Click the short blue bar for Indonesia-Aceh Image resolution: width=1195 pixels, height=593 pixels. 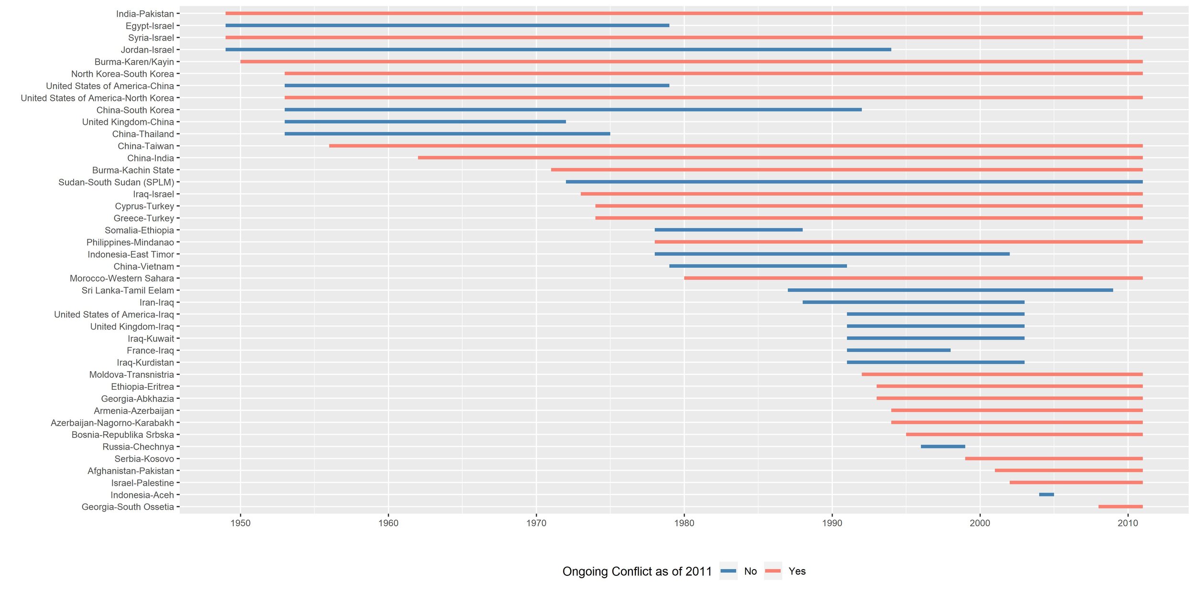1046,494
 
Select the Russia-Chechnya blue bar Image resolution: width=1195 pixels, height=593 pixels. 943,446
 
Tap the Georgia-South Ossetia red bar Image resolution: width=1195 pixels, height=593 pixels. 1120,506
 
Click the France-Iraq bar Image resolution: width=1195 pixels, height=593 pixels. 898,350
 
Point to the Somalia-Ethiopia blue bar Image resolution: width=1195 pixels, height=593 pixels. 728,230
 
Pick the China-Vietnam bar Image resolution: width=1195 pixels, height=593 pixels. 758,266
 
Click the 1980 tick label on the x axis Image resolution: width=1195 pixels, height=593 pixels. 684,523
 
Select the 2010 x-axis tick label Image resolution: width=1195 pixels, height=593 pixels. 1128,523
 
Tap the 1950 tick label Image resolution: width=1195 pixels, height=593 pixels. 240,523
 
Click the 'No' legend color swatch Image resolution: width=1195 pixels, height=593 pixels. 728,571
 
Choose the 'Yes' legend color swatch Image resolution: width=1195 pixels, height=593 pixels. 772,571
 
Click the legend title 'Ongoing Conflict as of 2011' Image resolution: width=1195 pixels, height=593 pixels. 637,571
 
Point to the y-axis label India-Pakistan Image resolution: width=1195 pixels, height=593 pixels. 145,14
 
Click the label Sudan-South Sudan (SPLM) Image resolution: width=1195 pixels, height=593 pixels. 116,182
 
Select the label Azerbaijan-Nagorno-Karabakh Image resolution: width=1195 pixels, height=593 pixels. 112,423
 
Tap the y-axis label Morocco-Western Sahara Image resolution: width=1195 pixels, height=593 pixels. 122,278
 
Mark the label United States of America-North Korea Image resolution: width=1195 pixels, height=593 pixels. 97,98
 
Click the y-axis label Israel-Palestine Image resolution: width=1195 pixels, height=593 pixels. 142,483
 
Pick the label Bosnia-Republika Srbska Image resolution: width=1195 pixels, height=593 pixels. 123,435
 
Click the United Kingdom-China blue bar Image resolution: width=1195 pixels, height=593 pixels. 425,122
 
